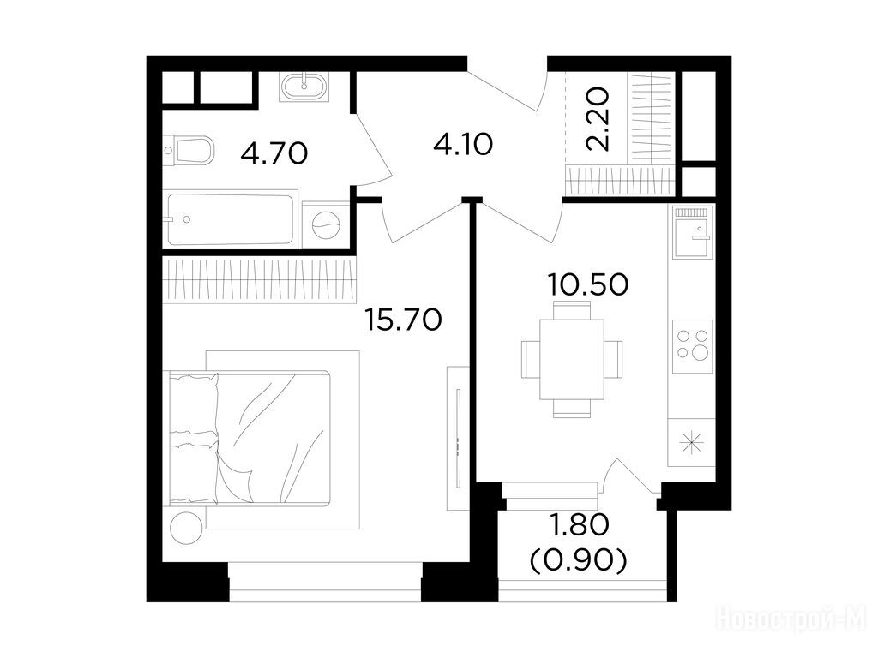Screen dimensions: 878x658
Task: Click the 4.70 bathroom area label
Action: click(274, 153)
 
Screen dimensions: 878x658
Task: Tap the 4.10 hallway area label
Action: click(463, 144)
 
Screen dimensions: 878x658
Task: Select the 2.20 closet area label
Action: click(598, 119)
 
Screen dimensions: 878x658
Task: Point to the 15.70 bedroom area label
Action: click(403, 320)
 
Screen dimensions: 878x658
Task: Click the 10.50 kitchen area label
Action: click(588, 284)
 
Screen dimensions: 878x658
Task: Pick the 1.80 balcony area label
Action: click(580, 525)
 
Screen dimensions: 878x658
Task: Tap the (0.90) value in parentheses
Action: click(579, 560)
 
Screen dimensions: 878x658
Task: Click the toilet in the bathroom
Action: click(189, 150)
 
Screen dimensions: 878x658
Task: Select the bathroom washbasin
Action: click(304, 87)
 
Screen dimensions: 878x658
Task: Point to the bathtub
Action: click(230, 219)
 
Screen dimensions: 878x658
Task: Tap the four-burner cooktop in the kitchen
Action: click(692, 346)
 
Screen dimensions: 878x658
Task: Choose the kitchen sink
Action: click(693, 231)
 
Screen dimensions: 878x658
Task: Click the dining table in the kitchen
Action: click(572, 359)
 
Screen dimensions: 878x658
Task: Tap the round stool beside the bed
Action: click(186, 528)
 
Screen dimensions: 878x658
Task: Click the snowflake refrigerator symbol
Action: click(692, 443)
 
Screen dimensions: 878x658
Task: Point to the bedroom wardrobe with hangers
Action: click(259, 281)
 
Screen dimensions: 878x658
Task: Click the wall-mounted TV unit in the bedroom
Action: click(458, 438)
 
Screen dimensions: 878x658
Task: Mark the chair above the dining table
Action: click(572, 310)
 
